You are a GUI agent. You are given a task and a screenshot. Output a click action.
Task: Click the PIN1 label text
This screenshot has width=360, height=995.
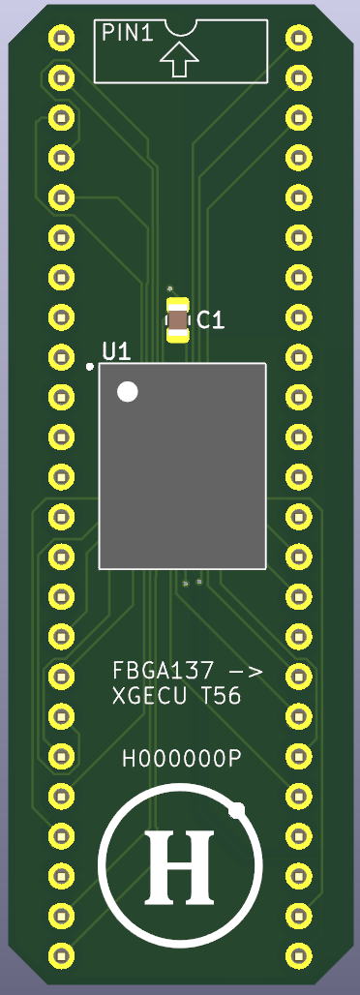click(128, 33)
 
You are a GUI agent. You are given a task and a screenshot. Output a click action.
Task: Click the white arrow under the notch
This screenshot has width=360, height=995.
click(179, 59)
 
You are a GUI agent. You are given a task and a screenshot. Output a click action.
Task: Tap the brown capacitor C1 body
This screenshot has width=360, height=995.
click(178, 320)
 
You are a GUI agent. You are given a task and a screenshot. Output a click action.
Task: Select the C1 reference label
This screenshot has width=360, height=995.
click(211, 320)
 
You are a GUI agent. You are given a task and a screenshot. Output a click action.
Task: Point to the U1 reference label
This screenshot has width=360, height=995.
click(117, 351)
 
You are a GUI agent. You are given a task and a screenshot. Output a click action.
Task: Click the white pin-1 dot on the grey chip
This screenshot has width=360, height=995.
click(128, 392)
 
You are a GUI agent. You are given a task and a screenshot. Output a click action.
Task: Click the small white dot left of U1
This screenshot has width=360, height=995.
click(90, 367)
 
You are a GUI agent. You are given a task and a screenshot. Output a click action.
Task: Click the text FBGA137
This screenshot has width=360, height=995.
click(164, 670)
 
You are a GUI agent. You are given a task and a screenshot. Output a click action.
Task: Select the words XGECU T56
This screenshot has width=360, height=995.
click(176, 697)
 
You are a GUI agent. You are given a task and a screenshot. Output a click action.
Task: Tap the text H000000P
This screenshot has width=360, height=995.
click(182, 758)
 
